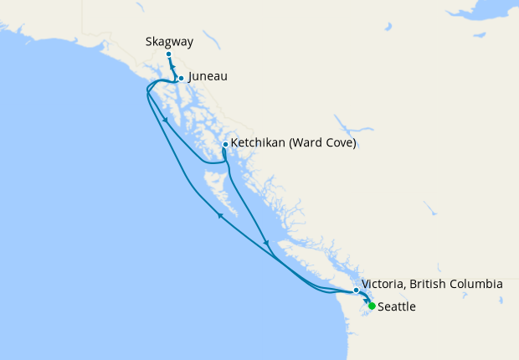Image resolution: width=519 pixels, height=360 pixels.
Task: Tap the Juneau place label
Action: pyautogui.click(x=208, y=76)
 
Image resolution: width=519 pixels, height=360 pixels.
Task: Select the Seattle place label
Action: pyautogui.click(x=397, y=307)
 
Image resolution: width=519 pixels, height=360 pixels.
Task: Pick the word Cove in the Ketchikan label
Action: pyautogui.click(x=341, y=143)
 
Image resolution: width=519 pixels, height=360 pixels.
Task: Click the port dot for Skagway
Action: pyautogui.click(x=169, y=54)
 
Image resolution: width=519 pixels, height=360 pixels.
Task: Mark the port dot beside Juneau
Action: pyautogui.click(x=182, y=78)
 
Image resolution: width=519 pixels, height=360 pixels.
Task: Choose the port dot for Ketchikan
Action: pyautogui.click(x=225, y=144)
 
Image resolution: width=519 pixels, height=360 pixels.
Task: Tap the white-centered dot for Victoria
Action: pyautogui.click(x=357, y=290)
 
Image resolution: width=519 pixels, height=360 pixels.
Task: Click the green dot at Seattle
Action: pyautogui.click(x=372, y=306)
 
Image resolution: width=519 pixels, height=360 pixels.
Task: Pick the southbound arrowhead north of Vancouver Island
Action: pyautogui.click(x=267, y=244)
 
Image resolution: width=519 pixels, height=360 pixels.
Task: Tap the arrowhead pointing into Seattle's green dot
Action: pyautogui.click(x=367, y=301)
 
